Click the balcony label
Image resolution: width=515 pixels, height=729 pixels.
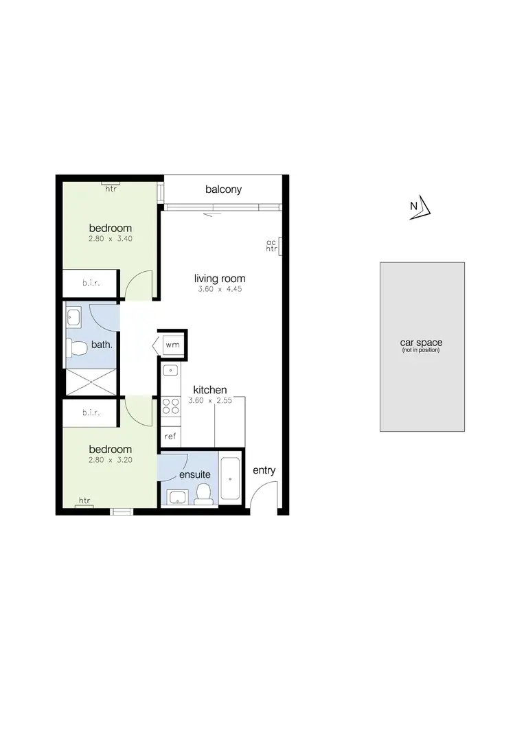tap(223, 189)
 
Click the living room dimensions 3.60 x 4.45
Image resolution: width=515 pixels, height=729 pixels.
tap(220, 290)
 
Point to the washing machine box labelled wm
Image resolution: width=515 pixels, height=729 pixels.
tap(172, 345)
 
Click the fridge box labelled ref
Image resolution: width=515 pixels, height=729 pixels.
tap(169, 435)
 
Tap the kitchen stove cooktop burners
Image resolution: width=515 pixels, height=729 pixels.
tap(169, 402)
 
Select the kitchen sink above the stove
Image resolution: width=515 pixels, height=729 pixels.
tap(169, 371)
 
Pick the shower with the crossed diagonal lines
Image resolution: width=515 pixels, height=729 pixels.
tap(91, 382)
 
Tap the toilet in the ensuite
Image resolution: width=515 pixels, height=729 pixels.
tap(203, 493)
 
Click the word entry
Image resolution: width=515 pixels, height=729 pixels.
tap(264, 470)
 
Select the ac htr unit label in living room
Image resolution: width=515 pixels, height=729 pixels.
tap(271, 246)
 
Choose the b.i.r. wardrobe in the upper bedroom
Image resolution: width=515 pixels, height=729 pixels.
tap(92, 282)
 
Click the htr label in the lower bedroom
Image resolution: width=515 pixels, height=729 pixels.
tap(85, 500)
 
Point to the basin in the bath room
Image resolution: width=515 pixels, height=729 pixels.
tap(75, 318)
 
